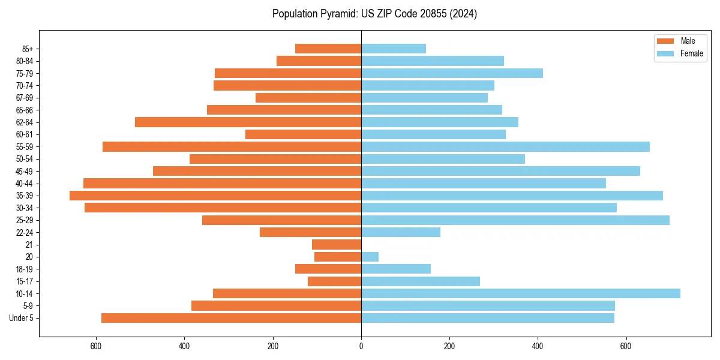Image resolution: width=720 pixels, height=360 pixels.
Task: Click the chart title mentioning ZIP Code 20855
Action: (374, 14)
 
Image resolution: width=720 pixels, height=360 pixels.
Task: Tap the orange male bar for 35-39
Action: (215, 196)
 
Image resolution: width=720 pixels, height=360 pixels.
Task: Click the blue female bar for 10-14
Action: (520, 293)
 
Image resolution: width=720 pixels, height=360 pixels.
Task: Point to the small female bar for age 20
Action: (370, 257)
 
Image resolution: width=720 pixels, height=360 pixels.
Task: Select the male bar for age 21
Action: (337, 245)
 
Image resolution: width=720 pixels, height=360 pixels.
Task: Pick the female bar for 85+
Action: (393, 49)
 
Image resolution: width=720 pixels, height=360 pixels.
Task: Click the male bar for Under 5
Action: (231, 318)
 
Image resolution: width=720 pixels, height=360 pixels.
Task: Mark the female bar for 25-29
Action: (515, 220)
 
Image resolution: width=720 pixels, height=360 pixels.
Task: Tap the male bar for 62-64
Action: (248, 122)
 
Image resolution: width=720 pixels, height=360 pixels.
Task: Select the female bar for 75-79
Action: (452, 73)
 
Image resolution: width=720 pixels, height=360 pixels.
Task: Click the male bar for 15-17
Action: (334, 281)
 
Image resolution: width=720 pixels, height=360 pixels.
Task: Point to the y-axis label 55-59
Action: (24, 147)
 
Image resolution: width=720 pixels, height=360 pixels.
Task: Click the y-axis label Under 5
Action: (22, 318)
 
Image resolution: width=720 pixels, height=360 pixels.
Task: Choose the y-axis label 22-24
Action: (24, 233)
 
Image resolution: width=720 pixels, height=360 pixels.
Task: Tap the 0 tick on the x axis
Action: (361, 346)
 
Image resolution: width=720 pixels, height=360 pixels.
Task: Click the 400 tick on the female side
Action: (538, 346)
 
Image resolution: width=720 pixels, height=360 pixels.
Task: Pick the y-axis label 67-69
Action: (24, 98)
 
